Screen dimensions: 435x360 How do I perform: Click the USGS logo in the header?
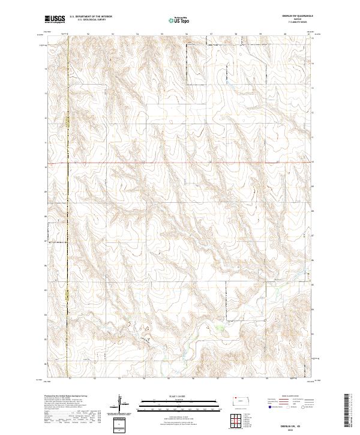(x=55, y=20)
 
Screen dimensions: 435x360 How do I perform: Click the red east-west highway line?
(x=180, y=163)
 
